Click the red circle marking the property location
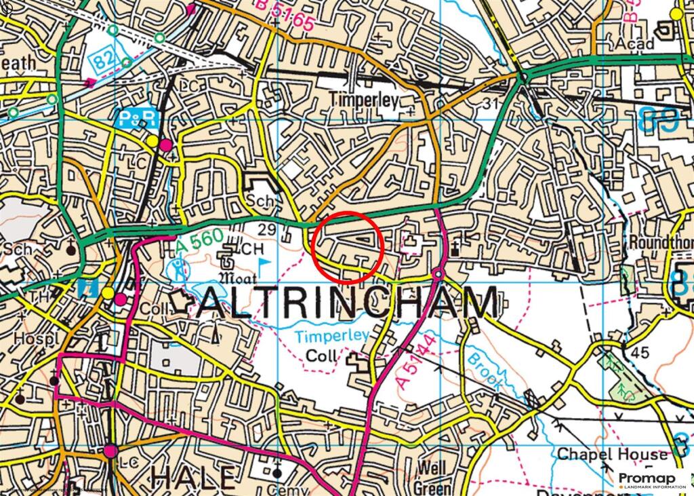[x=348, y=247]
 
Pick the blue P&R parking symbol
[x=138, y=119]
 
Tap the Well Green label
[x=433, y=477]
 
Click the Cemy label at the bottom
[x=283, y=489]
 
